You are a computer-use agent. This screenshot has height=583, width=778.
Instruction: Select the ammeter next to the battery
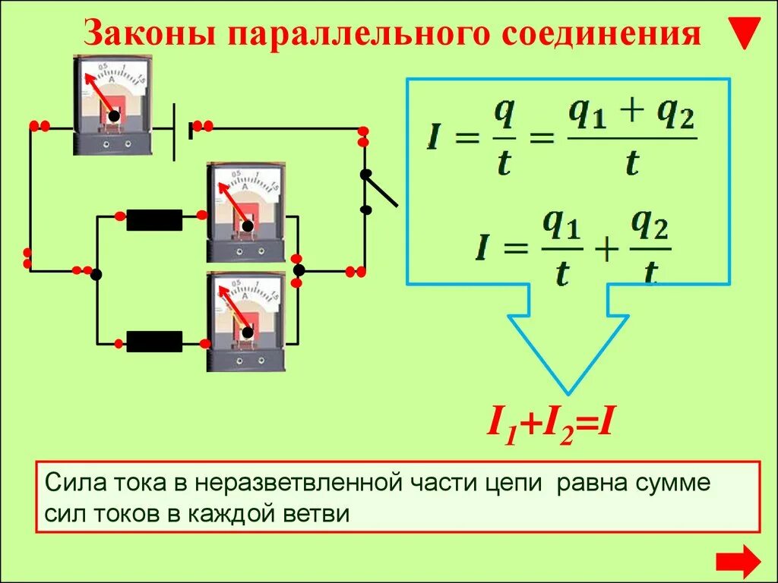click(x=114, y=105)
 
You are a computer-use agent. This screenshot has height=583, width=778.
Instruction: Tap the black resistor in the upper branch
click(x=154, y=220)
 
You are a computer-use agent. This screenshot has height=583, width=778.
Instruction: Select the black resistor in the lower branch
click(x=154, y=342)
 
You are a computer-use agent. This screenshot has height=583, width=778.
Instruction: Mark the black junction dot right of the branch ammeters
click(x=299, y=270)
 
